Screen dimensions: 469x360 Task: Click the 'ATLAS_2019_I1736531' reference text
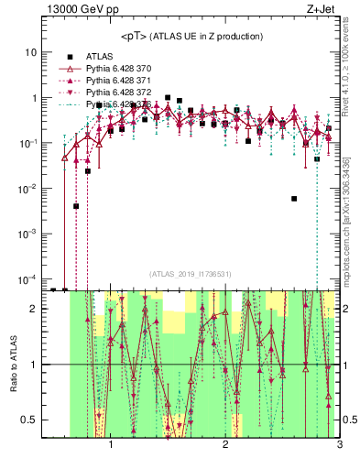[x=191, y=273]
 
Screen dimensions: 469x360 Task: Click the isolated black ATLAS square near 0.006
[x=294, y=198]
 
